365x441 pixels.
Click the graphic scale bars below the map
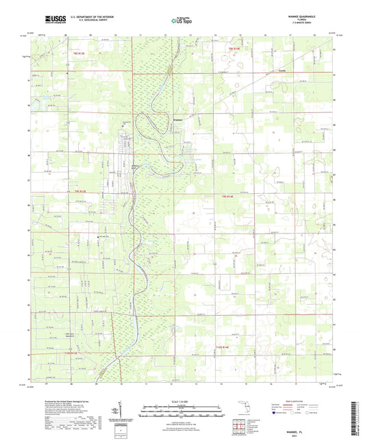181,411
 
